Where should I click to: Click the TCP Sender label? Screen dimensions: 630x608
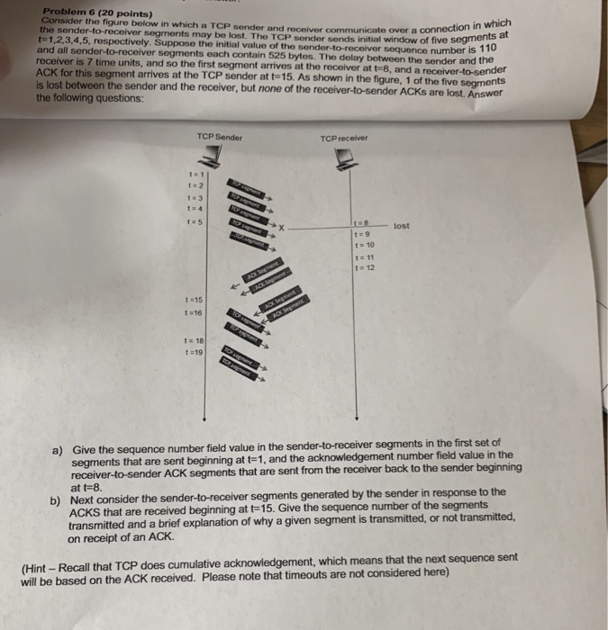click(219, 137)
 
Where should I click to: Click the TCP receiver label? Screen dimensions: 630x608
click(343, 139)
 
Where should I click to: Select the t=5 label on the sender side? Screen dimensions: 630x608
click(194, 221)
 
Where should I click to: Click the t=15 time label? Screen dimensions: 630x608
click(194, 299)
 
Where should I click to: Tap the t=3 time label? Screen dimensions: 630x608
click(194, 198)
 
